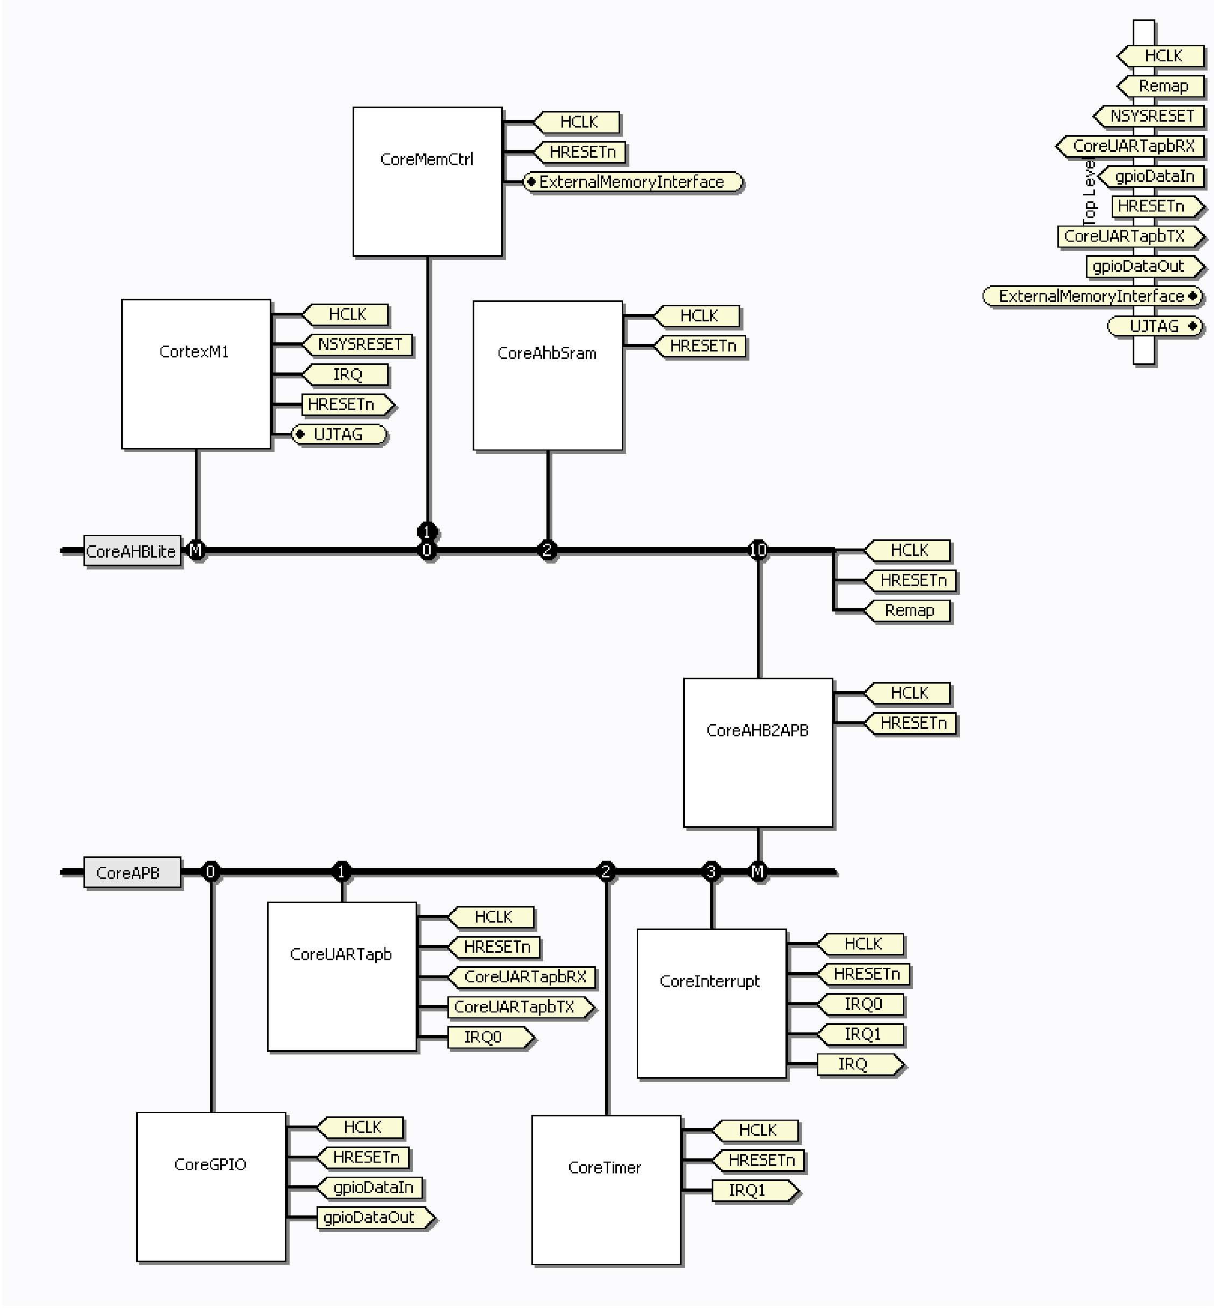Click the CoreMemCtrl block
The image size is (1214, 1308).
(427, 181)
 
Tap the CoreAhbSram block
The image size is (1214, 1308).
(547, 375)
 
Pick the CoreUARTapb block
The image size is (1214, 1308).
(342, 976)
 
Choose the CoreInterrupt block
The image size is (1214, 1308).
(712, 1003)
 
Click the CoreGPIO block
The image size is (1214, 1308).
(211, 1186)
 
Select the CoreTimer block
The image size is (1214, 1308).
(606, 1190)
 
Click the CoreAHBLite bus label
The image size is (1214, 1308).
(131, 551)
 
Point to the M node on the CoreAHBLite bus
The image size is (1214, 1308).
(196, 550)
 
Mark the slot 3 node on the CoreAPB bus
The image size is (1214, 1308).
(711, 872)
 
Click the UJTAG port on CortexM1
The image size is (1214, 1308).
(339, 434)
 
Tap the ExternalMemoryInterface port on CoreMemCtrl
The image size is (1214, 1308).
(632, 182)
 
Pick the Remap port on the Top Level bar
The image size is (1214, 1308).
(1162, 86)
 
